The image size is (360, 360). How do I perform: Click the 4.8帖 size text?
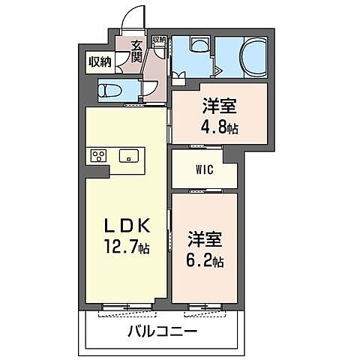click(218, 127)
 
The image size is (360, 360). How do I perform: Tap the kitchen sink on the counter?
click(128, 156)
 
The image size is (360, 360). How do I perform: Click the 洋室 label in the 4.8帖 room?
click(217, 106)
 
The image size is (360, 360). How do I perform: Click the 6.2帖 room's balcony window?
click(205, 305)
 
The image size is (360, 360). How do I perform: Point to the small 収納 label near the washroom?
click(159, 40)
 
